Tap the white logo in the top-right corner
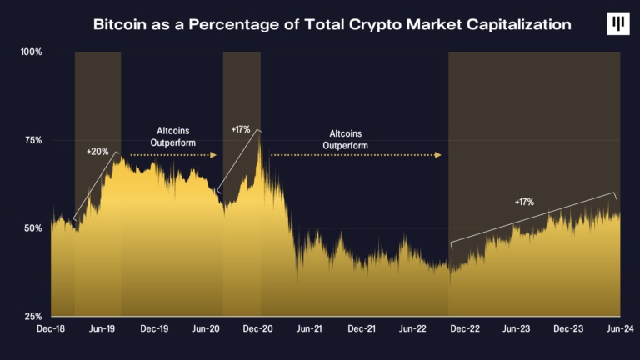pos(618,23)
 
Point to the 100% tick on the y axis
pos(31,52)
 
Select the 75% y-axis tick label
pos(32,140)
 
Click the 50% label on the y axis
pos(32,228)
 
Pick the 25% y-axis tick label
pos(32,317)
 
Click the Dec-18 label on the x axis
pos(51,330)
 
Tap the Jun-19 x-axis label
pos(102,330)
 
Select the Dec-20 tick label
pos(258,330)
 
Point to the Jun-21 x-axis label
pos(310,330)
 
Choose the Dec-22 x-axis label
pos(466,330)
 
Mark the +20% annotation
pos(97,152)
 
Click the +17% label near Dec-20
pos(240,129)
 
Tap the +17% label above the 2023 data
pos(523,202)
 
